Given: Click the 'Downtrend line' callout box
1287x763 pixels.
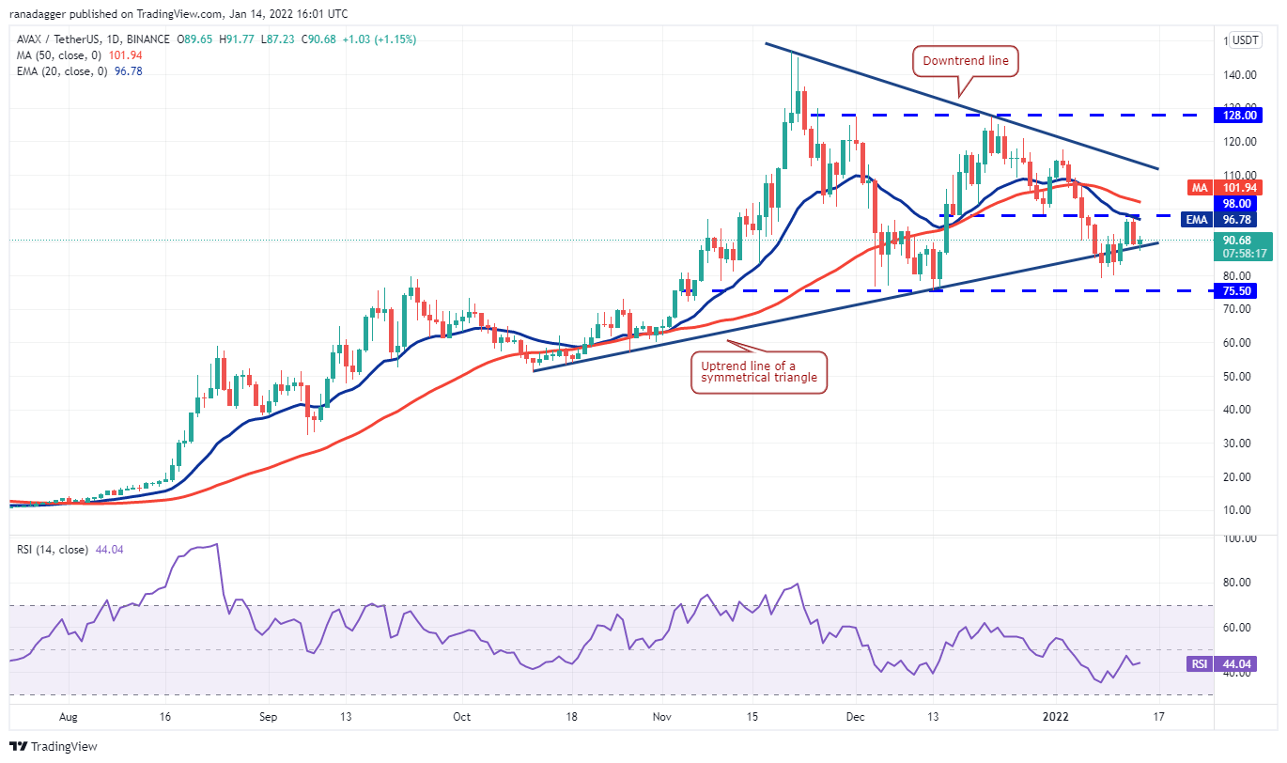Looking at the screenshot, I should (x=965, y=62).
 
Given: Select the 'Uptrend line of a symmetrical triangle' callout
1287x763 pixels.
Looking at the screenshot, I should (x=759, y=372).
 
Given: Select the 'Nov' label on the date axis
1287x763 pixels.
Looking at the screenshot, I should (x=662, y=715).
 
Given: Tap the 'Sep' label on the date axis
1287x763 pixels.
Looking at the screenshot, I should (x=269, y=715).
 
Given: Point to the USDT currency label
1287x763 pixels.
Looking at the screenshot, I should (x=1246, y=40).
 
